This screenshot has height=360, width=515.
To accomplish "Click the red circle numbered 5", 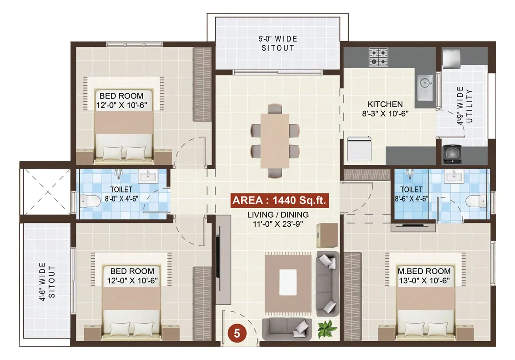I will coord(237,333).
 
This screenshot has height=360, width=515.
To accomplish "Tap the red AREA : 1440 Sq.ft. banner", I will coord(279,200).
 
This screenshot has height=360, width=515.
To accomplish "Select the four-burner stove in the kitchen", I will coord(378,57).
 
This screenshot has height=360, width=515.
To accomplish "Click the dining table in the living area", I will coord(275,141).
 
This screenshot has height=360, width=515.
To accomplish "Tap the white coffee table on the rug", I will coord(288,282).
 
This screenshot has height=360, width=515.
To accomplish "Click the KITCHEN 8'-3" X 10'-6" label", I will coord(385,109).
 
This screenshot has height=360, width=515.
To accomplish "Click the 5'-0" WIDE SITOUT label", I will coord(278,43).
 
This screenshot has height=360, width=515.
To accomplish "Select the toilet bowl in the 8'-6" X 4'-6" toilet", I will coord(476,201).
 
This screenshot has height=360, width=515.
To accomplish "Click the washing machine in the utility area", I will coord(453,154).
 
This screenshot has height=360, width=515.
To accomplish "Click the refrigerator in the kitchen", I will coord(359,149).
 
